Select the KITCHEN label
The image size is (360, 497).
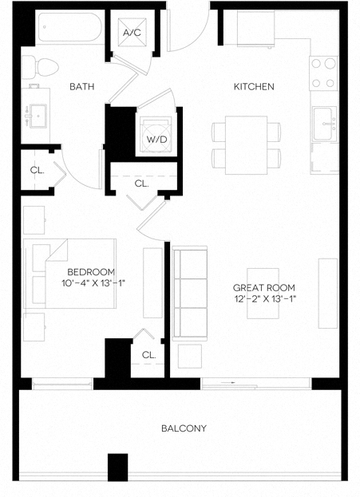(x=254, y=86)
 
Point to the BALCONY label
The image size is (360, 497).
(x=184, y=428)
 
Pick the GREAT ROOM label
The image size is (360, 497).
(x=263, y=287)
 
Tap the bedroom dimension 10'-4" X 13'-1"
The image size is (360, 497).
(x=93, y=283)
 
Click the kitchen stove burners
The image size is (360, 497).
(x=324, y=73)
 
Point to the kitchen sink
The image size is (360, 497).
(x=324, y=122)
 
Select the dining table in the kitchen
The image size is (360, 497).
(x=247, y=144)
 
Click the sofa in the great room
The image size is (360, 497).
(x=189, y=292)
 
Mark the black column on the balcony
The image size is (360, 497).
(x=117, y=467)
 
